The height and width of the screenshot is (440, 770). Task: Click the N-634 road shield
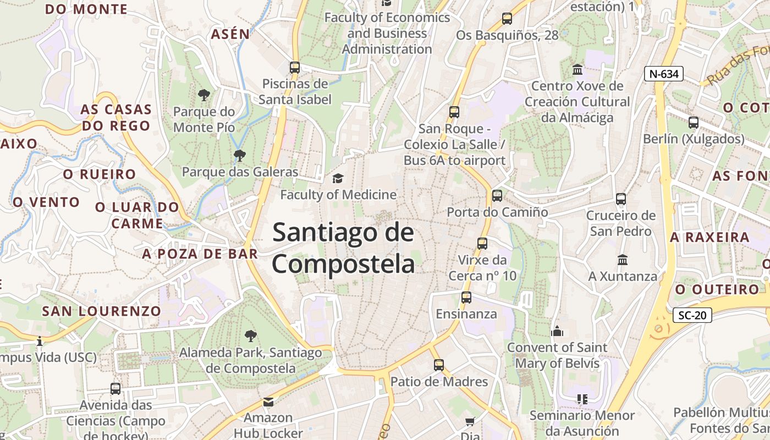click(663, 74)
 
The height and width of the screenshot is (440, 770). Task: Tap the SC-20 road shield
click(692, 315)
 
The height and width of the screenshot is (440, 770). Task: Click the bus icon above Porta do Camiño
click(497, 195)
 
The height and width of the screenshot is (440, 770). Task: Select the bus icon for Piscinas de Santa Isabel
click(295, 68)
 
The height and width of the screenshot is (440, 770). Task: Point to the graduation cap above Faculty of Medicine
click(338, 178)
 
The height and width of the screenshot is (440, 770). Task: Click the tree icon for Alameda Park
click(251, 335)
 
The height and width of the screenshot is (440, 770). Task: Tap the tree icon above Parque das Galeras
click(239, 156)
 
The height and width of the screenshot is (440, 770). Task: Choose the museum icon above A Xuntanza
click(623, 260)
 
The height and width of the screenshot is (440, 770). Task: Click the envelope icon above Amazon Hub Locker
click(268, 402)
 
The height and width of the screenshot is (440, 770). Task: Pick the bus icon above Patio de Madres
click(438, 365)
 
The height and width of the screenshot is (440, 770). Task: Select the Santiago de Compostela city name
click(343, 248)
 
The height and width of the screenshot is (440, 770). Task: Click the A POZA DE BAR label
click(200, 254)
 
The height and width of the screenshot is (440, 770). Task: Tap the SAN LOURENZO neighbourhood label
click(102, 311)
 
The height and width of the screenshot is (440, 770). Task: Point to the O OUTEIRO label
click(717, 289)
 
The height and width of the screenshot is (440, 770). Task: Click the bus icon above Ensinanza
click(466, 298)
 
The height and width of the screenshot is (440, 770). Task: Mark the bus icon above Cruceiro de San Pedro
click(621, 199)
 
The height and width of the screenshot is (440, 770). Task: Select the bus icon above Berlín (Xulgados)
click(694, 123)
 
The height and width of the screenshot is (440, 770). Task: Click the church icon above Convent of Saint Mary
click(557, 331)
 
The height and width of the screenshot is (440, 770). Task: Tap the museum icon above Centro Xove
click(577, 70)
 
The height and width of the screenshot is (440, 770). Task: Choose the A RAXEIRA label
click(710, 237)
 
